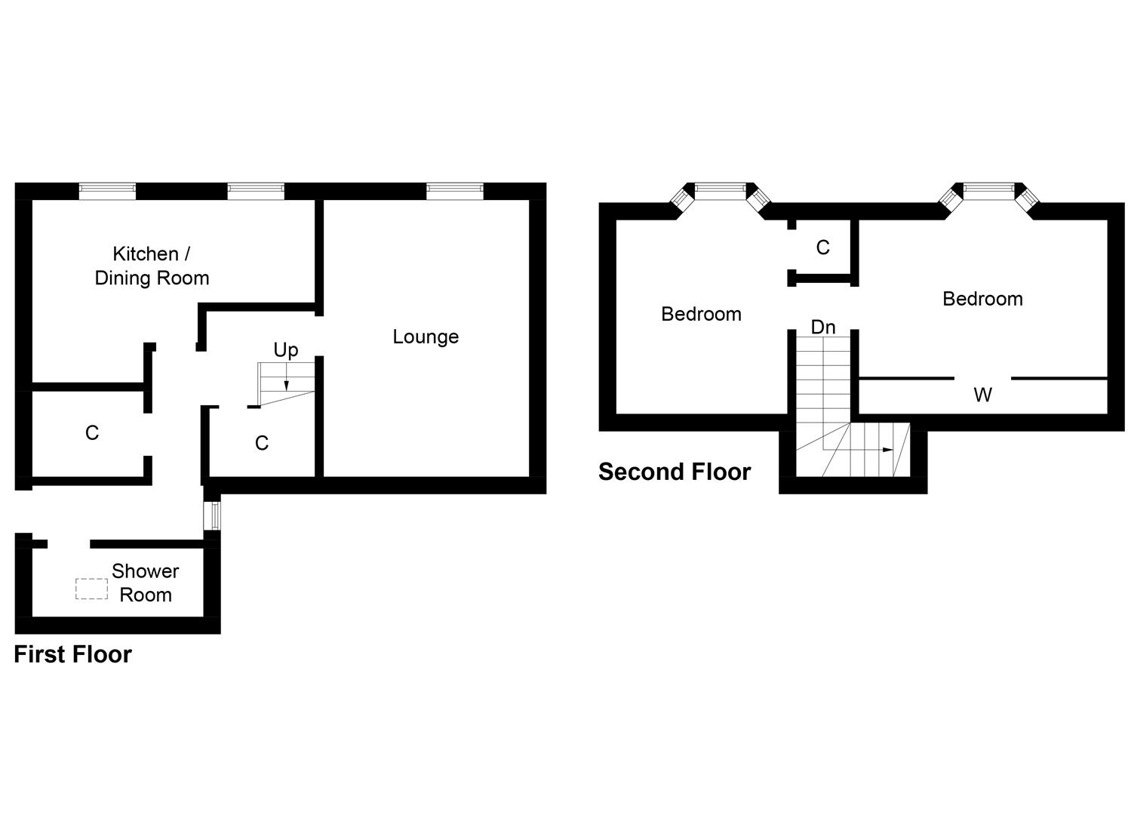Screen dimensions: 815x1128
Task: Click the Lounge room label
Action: tap(426, 337)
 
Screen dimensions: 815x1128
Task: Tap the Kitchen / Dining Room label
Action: tap(152, 266)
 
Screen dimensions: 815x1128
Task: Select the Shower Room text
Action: tap(146, 583)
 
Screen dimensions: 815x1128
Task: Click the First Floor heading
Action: tap(72, 654)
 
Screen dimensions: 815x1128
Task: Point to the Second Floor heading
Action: tap(675, 472)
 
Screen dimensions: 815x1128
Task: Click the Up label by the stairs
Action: tap(286, 349)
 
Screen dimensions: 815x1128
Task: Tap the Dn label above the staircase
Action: tap(823, 328)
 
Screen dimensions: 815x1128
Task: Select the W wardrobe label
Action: tap(982, 395)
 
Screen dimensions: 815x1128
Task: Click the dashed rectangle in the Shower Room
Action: tap(91, 589)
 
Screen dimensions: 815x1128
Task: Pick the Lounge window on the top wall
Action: tap(454, 191)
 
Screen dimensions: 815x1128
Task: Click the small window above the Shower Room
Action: tap(214, 515)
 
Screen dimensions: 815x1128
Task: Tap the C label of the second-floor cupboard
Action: tap(823, 248)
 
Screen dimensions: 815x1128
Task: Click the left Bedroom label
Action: tap(701, 314)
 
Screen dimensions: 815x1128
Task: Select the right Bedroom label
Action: tap(982, 299)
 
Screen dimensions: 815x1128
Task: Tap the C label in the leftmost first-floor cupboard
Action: tap(92, 433)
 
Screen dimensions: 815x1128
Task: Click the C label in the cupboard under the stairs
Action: tap(262, 443)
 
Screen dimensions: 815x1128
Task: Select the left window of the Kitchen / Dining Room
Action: tap(107, 191)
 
